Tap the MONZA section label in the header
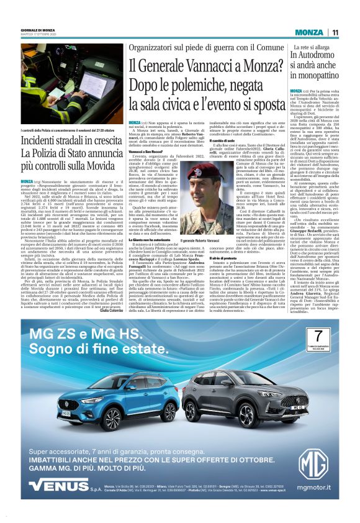pyautogui.click(x=308, y=32)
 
